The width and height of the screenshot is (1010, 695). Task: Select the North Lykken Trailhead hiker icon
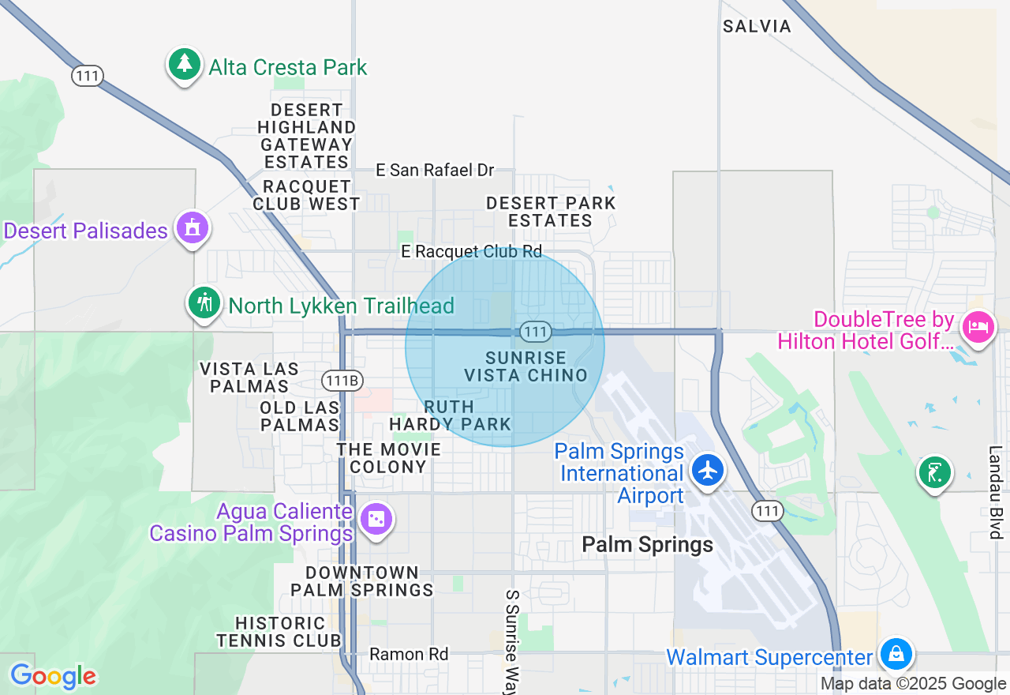coord(205,303)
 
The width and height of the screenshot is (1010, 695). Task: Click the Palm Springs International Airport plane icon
coord(708,469)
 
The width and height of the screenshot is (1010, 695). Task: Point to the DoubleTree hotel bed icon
coord(978,325)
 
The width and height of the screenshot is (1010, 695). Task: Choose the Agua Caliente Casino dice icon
coord(376,520)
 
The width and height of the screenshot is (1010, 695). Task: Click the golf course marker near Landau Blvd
coord(934,472)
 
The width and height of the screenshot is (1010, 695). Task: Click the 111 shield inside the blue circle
coord(535,332)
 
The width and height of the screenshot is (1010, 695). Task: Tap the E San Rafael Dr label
coord(435,171)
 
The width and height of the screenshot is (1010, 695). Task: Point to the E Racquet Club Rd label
coord(472,252)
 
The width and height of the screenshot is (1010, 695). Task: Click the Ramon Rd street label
coord(409,655)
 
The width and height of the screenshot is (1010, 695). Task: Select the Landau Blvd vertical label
coord(995,493)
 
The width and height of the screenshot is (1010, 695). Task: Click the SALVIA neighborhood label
coord(757,27)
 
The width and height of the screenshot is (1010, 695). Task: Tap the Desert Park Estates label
coord(551,212)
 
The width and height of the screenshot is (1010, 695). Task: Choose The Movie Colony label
coord(388,458)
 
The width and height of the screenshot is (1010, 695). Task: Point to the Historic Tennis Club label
coord(279,632)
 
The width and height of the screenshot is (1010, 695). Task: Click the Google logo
coord(53,676)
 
